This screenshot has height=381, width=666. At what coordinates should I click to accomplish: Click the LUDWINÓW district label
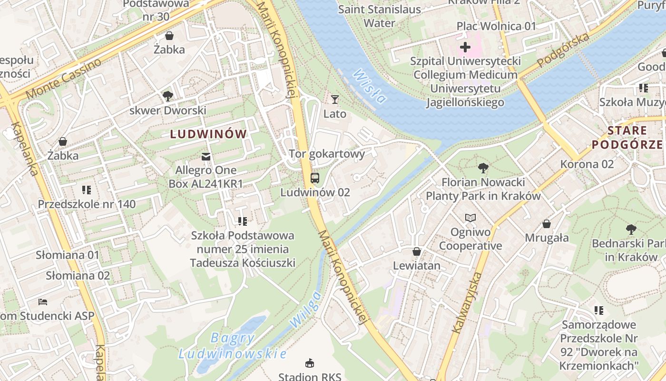pyautogui.click(x=208, y=134)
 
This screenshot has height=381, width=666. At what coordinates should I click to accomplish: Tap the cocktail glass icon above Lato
pyautogui.click(x=335, y=100)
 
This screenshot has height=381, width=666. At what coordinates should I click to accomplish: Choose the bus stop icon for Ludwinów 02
pyautogui.click(x=314, y=178)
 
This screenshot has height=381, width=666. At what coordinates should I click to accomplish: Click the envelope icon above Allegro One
pyautogui.click(x=206, y=156)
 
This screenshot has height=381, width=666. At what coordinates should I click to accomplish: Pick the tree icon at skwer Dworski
pyautogui.click(x=167, y=96)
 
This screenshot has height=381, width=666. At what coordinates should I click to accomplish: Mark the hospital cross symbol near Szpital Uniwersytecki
pyautogui.click(x=465, y=47)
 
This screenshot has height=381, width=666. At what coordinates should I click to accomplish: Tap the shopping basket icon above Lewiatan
pyautogui.click(x=417, y=251)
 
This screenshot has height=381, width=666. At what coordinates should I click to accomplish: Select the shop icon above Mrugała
pyautogui.click(x=547, y=224)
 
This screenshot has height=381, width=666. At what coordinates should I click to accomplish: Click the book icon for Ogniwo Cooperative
pyautogui.click(x=470, y=218)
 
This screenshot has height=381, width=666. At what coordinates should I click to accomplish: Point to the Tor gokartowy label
pyautogui.click(x=327, y=154)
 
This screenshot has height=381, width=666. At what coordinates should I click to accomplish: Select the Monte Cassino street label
pyautogui.click(x=64, y=79)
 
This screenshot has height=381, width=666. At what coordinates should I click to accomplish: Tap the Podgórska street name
pyautogui.click(x=563, y=50)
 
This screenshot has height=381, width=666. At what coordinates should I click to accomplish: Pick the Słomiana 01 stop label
pyautogui.click(x=68, y=255)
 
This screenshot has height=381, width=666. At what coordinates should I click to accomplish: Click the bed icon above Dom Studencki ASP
pyautogui.click(x=43, y=302)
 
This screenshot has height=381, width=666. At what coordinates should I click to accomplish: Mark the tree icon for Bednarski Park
pyautogui.click(x=631, y=230)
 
